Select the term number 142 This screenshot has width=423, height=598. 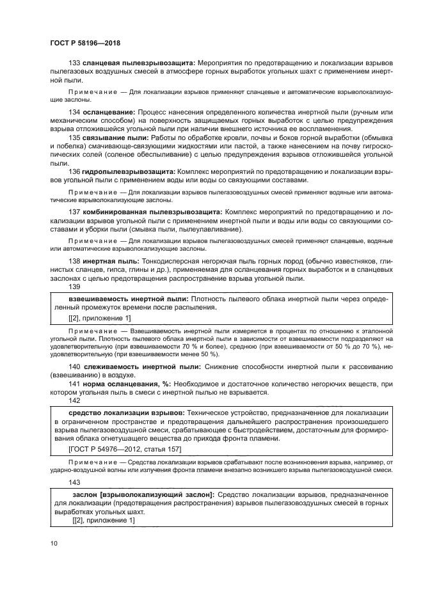(x=74, y=400)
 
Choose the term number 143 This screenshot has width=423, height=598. (x=74, y=483)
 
